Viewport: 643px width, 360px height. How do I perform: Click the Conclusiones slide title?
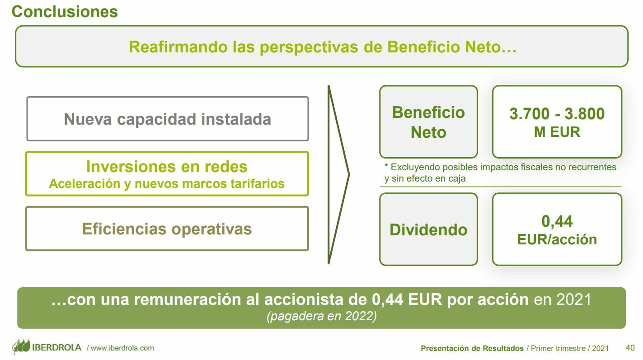click(65, 12)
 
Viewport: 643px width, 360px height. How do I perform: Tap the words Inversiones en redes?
click(167, 167)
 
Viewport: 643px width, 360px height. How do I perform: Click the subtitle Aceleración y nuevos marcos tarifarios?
click(167, 183)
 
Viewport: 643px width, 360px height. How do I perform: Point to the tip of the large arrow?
click(349, 174)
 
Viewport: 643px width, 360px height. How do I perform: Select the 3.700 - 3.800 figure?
click(557, 113)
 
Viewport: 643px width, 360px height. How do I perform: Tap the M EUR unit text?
click(557, 132)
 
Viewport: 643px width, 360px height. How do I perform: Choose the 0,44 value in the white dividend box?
click(557, 221)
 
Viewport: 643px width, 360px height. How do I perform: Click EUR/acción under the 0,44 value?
click(557, 239)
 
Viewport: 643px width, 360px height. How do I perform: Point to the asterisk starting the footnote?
click(386, 165)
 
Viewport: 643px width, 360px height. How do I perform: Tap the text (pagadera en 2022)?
click(322, 316)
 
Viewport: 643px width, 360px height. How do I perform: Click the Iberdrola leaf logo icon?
click(21, 346)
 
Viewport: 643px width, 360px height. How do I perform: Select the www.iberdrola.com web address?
click(122, 348)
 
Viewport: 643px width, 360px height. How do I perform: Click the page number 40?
click(630, 348)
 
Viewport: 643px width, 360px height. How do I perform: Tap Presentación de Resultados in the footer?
click(472, 349)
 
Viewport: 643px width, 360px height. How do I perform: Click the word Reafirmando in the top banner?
click(178, 47)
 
